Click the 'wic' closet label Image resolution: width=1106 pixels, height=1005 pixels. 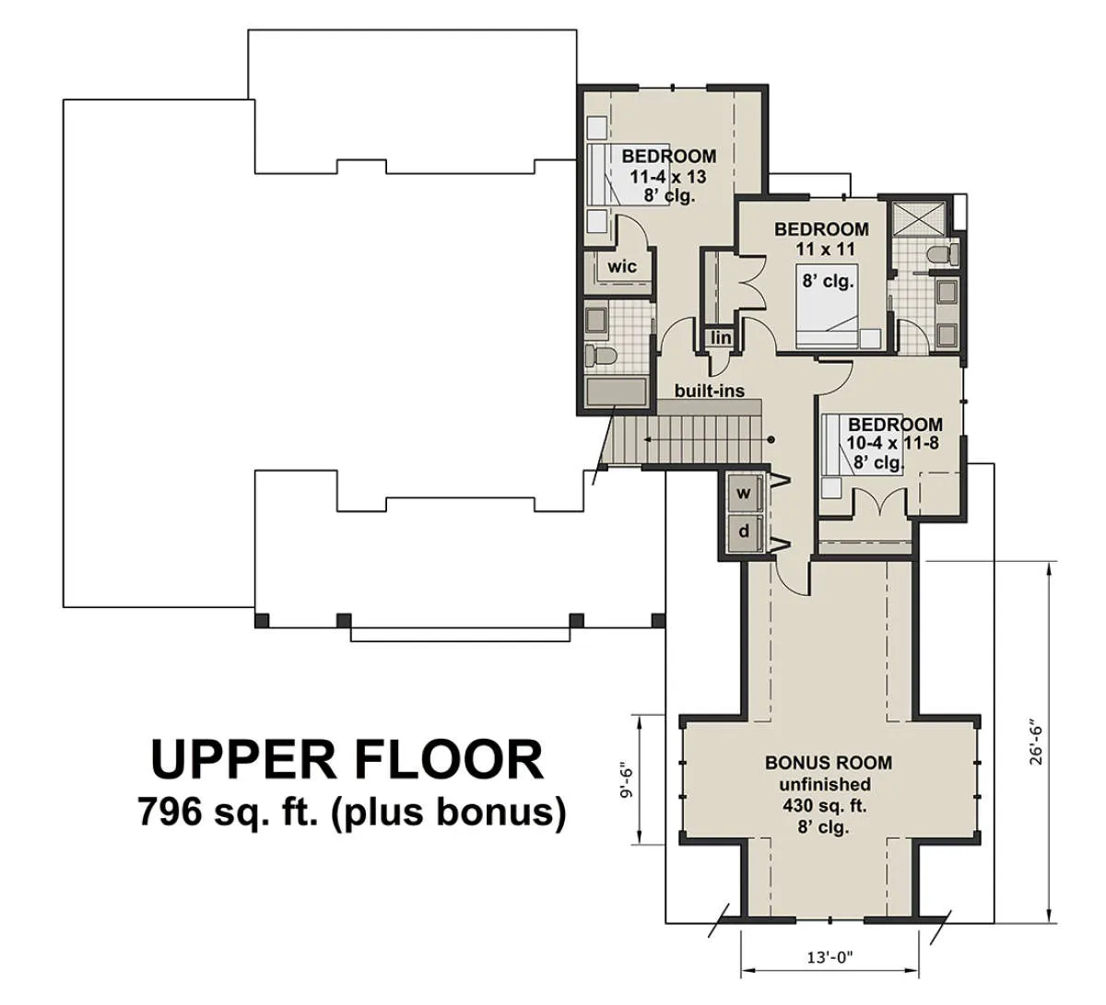622,267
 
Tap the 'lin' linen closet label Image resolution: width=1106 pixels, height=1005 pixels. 721,337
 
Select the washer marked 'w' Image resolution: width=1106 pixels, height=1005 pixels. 744,494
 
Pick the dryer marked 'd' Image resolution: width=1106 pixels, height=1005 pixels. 744,532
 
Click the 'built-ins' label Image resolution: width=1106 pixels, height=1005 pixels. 710,391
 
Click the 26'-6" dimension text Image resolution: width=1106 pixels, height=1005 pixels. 1037,749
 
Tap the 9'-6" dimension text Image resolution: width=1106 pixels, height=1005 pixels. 627,780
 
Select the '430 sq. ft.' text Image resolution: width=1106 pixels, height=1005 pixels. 824,806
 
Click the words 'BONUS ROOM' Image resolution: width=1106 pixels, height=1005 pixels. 829,763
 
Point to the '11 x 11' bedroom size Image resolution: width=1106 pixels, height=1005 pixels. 825,250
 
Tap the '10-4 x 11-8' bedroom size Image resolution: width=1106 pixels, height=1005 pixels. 892,443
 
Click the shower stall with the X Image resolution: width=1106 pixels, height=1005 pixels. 919,220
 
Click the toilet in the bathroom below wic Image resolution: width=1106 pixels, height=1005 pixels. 599,355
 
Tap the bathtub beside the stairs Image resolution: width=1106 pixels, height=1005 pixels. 617,392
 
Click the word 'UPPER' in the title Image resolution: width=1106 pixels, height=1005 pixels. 243,761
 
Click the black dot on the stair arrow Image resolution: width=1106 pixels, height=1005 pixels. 771,440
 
